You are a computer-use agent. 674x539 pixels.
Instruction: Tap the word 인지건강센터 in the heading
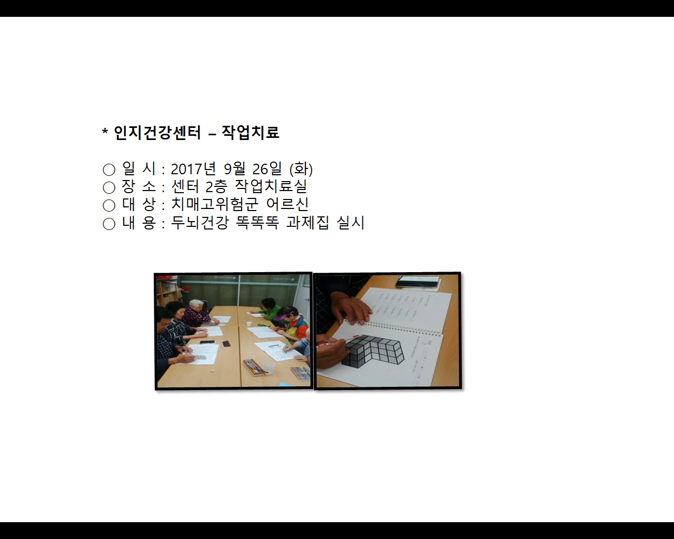(157, 132)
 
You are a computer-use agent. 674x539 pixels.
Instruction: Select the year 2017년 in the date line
(193, 169)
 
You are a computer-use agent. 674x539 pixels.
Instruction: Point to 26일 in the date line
(267, 169)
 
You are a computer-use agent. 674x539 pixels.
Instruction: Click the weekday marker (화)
(301, 169)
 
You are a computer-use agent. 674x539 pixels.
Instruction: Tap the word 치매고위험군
(215, 204)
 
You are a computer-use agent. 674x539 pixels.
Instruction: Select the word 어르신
(288, 204)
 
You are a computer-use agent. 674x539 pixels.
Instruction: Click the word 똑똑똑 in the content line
(257, 223)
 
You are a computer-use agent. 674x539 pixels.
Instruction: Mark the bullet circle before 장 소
(109, 187)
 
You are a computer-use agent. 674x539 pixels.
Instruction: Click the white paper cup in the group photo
(268, 367)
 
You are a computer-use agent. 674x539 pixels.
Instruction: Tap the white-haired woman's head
(196, 304)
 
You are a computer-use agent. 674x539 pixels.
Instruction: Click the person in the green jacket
(270, 311)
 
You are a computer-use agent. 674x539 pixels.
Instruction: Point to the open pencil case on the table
(255, 367)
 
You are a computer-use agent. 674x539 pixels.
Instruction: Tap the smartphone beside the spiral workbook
(418, 282)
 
